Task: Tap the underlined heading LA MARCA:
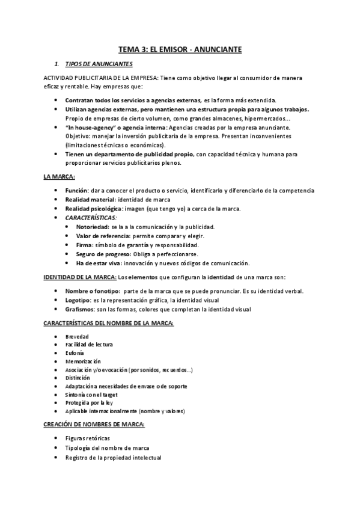click(x=58, y=177)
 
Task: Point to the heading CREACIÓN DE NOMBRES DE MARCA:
click(x=94, y=424)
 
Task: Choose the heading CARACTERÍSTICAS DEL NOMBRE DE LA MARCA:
click(x=109, y=323)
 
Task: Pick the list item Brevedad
click(x=78, y=336)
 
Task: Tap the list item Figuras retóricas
click(x=88, y=438)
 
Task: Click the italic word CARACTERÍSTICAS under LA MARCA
click(x=90, y=218)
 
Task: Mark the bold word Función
click(x=77, y=191)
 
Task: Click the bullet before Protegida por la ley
click(x=55, y=402)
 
